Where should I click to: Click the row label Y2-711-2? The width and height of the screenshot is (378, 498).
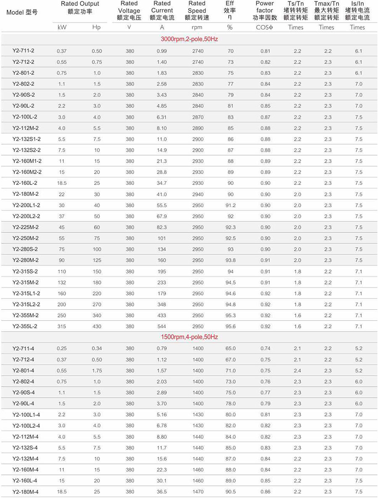[x=23, y=51]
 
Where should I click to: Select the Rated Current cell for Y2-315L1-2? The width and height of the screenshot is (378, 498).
[x=162, y=293]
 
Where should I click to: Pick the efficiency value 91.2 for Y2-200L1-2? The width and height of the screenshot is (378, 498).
[x=230, y=205]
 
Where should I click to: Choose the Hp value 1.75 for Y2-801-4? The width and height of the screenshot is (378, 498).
[x=97, y=371]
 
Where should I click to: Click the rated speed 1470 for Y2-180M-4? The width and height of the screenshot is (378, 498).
[x=197, y=492]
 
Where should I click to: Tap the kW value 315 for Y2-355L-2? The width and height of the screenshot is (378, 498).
[x=61, y=326]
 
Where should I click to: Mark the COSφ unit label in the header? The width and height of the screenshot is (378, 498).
[x=265, y=27]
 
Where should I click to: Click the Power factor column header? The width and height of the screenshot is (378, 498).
[x=265, y=11]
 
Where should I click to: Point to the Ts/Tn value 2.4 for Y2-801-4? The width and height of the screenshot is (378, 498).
[x=297, y=371]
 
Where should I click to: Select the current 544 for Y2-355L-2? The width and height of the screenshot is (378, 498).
[x=162, y=326]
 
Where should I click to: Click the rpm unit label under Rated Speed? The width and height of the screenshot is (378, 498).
[x=197, y=27]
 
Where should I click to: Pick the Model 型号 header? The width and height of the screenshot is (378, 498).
[x=22, y=12]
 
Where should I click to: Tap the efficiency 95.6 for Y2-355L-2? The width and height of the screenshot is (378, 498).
[x=230, y=326]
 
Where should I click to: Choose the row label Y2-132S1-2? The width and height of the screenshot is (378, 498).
[x=27, y=139]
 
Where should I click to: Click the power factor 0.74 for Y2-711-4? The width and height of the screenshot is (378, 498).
[x=265, y=348]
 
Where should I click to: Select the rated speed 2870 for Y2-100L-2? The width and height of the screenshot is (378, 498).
[x=197, y=117]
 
